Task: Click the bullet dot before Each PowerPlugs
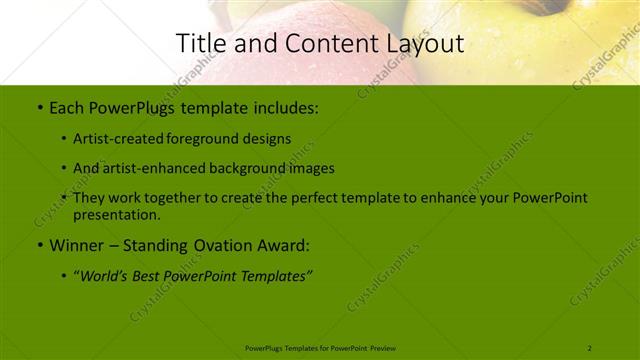pyautogui.click(x=39, y=106)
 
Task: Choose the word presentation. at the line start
pyautogui.click(x=116, y=214)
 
